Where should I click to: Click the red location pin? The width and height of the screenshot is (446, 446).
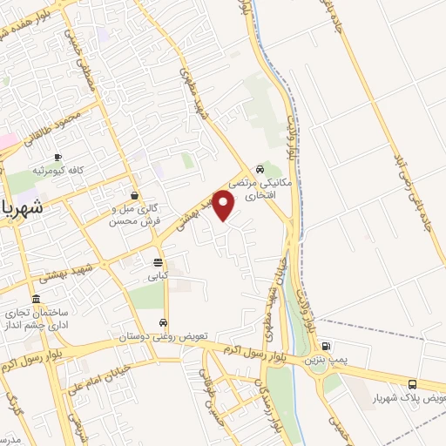point(225,206)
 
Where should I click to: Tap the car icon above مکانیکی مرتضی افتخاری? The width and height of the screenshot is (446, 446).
point(260,169)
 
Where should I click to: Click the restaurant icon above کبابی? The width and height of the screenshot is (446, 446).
point(158,262)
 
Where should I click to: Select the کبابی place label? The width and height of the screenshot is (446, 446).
point(158,276)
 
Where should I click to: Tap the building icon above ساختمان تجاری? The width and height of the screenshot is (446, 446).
point(36,298)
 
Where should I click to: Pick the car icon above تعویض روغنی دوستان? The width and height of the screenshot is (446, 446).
point(163,322)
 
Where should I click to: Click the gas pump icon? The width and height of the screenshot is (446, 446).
point(326,346)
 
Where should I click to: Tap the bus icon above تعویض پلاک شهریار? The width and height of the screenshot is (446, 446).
point(412,384)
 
